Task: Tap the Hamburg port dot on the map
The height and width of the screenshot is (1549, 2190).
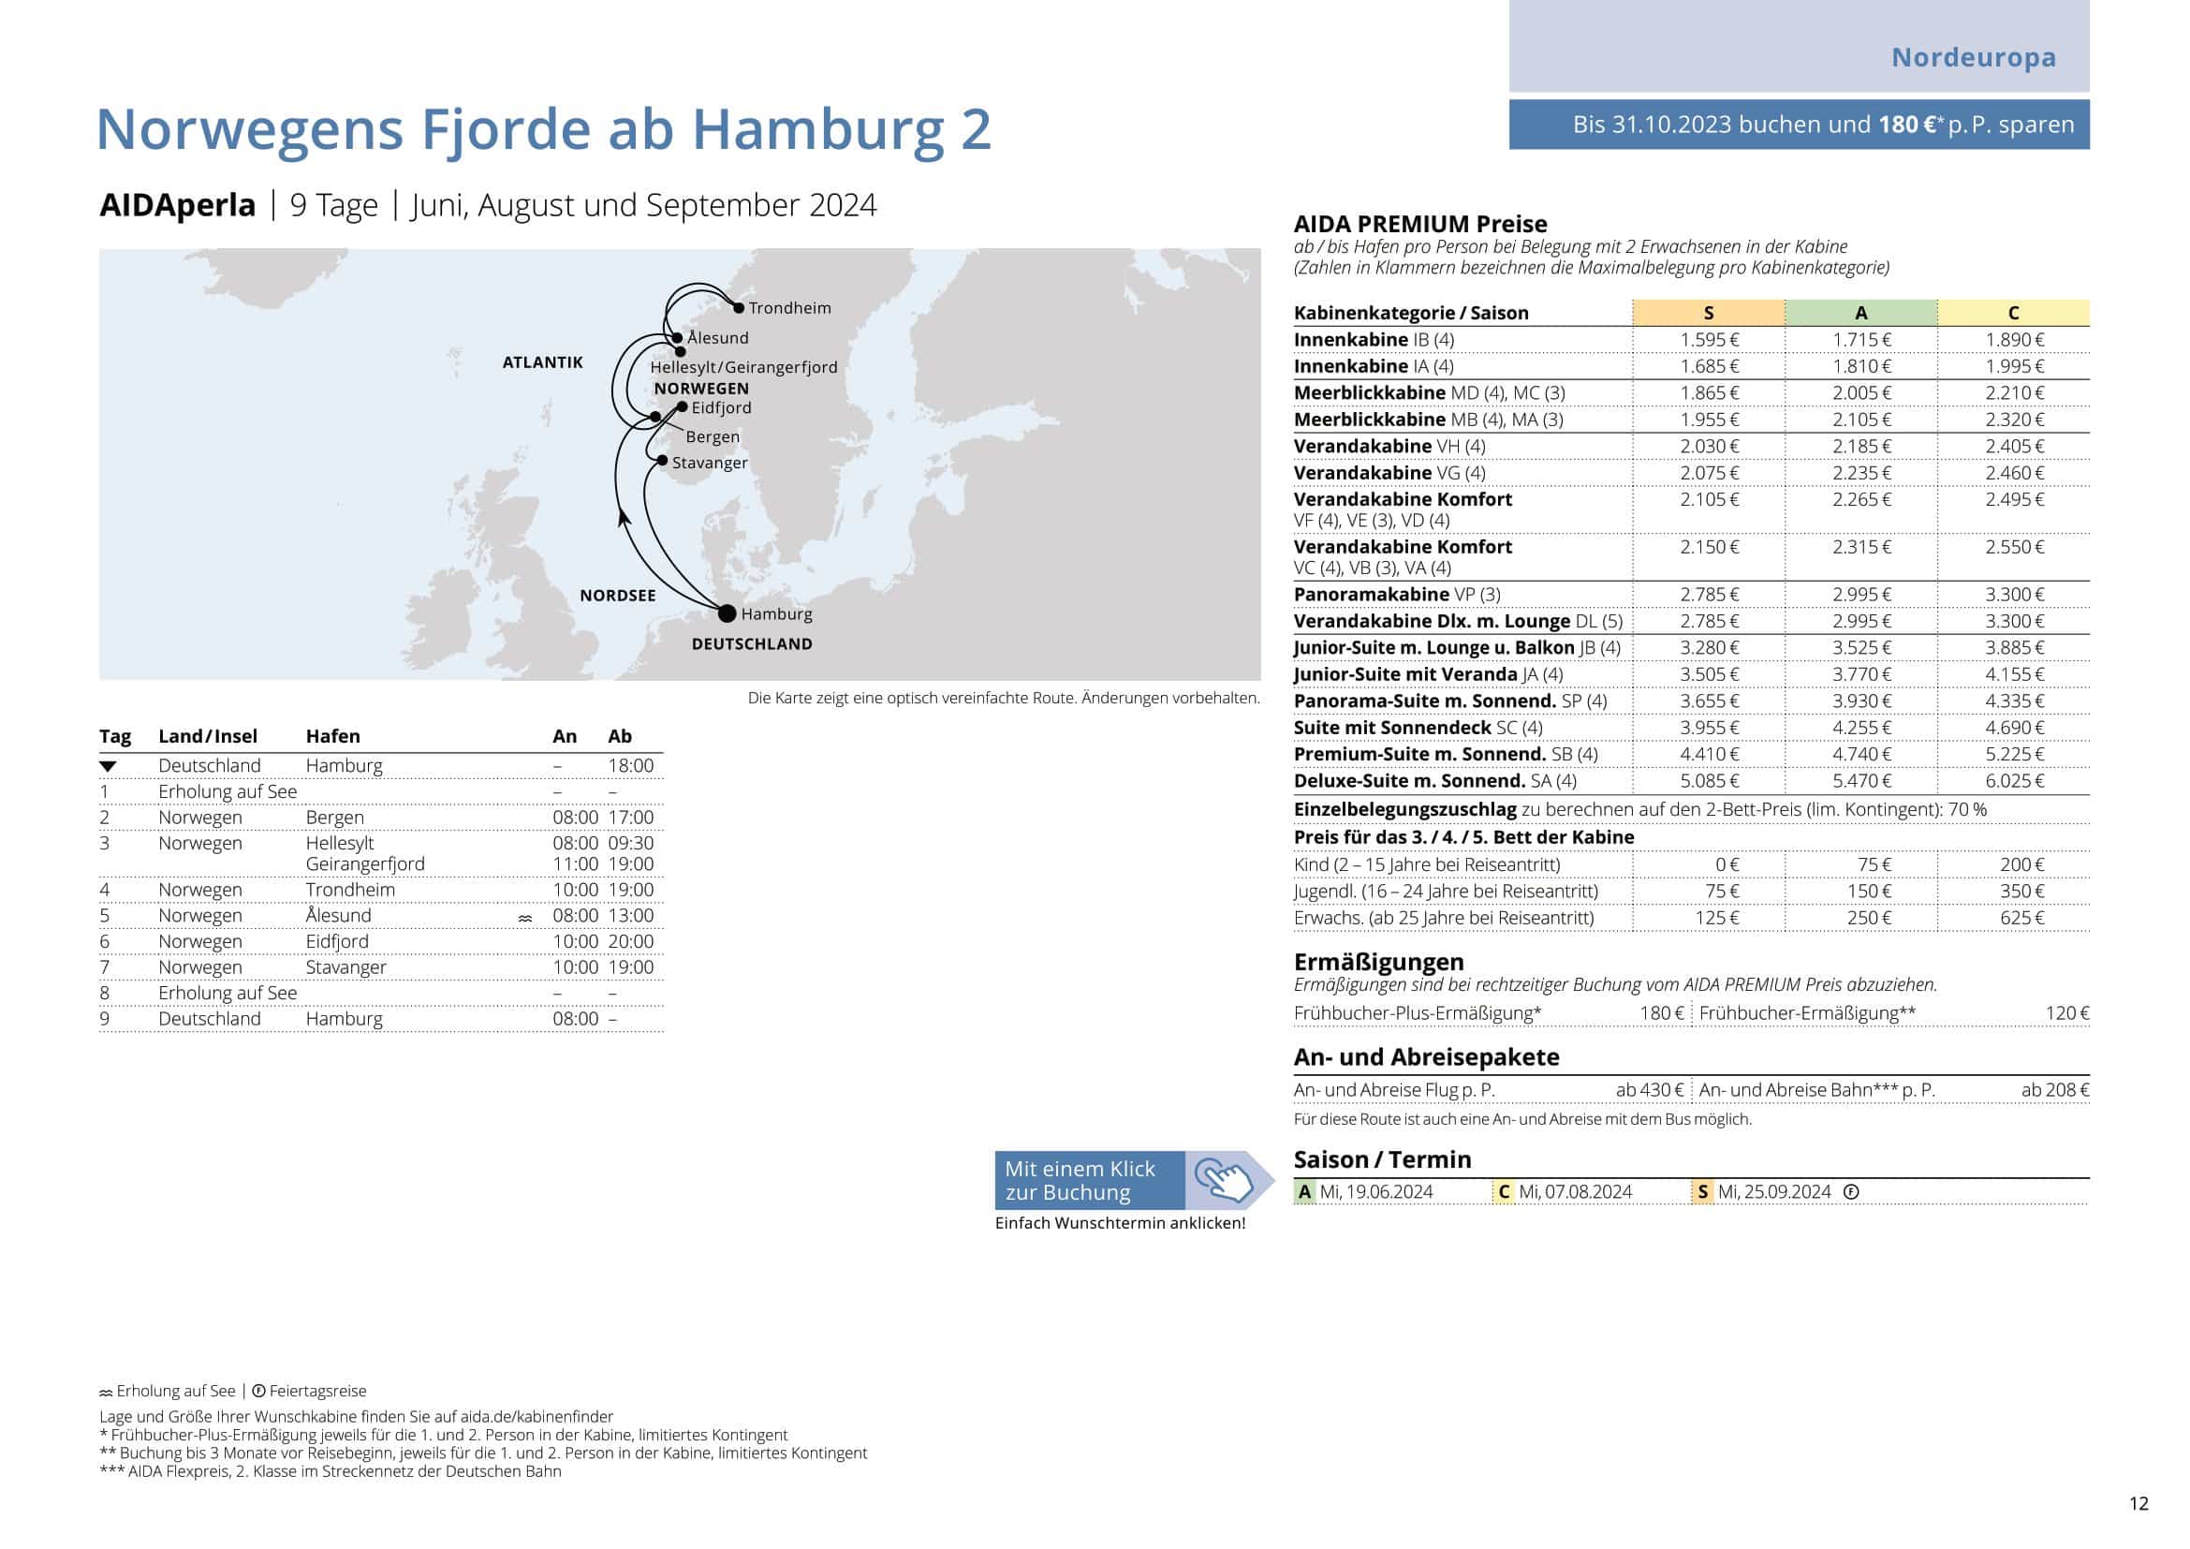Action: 728,613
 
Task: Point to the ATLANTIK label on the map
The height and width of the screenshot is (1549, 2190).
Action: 542,362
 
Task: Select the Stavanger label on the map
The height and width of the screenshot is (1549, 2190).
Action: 710,464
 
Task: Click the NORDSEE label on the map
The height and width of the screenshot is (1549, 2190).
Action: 617,597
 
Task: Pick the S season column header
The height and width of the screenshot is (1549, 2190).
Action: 1708,313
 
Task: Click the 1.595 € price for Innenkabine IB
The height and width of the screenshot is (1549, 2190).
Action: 1710,341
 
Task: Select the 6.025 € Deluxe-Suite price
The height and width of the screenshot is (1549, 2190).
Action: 2015,781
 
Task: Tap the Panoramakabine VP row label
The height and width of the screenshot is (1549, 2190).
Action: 1396,595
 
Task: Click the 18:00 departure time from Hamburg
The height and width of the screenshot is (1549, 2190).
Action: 630,766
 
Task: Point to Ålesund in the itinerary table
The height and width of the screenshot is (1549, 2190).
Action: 339,916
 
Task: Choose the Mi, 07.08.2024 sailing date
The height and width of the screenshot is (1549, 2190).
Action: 1575,1192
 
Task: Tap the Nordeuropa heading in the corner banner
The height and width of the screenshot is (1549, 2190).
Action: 1973,57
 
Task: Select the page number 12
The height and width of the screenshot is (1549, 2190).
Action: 2139,1504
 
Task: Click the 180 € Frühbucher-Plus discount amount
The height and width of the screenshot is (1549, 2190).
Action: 1662,1013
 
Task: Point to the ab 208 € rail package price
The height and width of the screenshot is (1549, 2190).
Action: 2054,1090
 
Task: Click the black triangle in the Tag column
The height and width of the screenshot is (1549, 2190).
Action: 108,767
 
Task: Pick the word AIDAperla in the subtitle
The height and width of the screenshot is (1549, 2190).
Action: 177,206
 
